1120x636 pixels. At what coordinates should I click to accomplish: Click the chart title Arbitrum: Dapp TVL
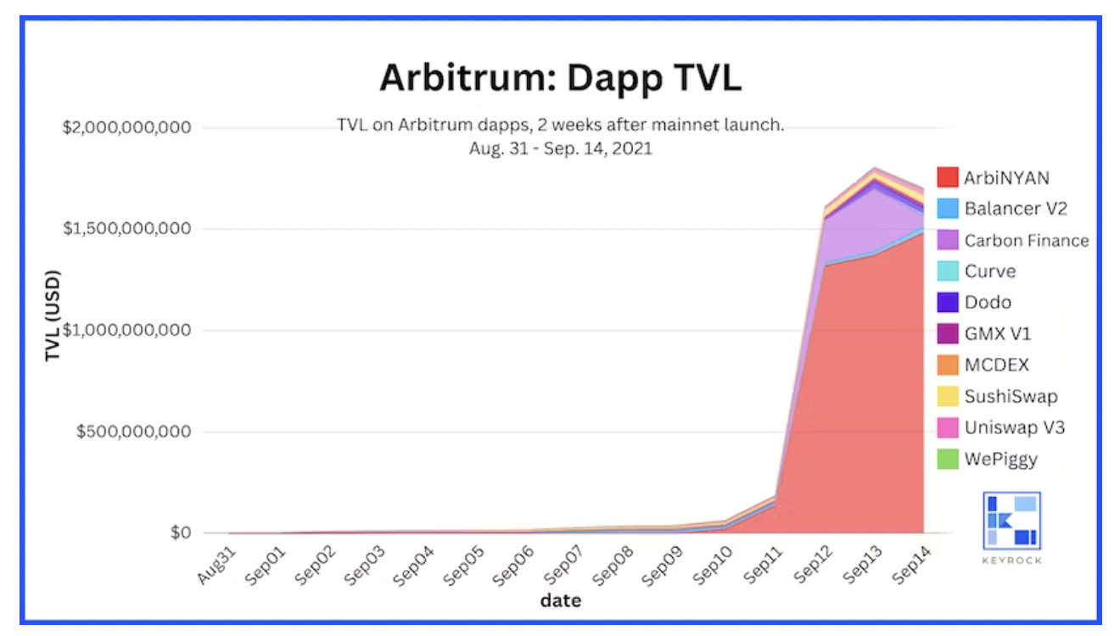pos(560,77)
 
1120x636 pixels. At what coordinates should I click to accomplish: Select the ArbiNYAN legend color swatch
pos(948,177)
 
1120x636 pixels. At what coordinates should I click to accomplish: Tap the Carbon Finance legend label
pos(1026,240)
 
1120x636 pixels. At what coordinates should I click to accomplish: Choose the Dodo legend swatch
pos(948,303)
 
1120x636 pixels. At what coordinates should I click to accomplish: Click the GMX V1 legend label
pos(998,334)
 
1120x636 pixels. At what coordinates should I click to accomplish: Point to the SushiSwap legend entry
pos(1011,396)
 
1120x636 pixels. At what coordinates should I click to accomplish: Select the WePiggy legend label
pos(1000,460)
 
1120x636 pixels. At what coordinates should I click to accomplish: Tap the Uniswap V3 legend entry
pos(1014,427)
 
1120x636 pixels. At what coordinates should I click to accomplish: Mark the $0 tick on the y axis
pos(179,533)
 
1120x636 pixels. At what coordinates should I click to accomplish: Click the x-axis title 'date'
pos(560,601)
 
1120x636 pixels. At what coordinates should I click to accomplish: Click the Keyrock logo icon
pos(1011,521)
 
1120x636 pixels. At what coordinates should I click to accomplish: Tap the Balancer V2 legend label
pos(1016,209)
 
